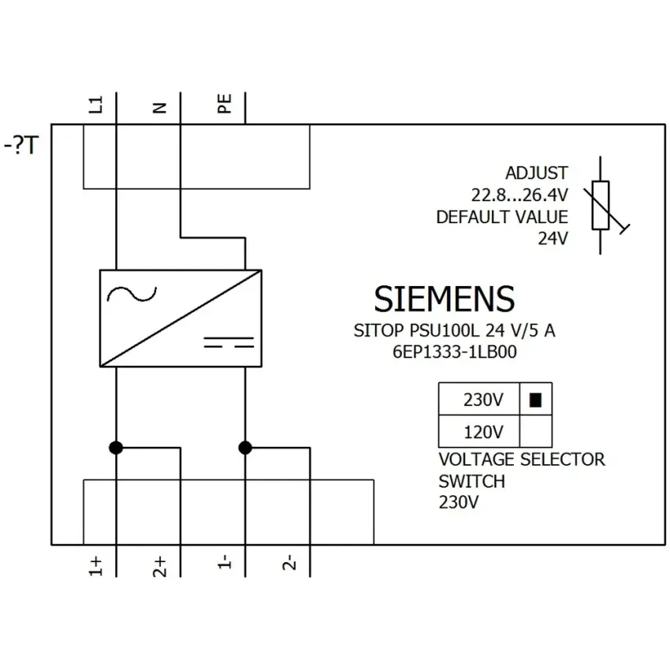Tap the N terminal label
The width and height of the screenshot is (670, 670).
tap(160, 108)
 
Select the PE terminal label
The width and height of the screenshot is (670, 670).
tap(225, 104)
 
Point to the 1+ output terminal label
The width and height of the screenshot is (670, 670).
tap(95, 566)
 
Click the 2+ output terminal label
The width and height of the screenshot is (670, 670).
tap(159, 567)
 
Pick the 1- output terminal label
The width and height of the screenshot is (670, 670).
tap(225, 562)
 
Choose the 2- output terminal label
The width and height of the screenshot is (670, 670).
tap(289, 562)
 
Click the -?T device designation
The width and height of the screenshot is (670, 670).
tap(21, 145)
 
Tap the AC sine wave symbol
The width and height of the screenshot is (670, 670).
tap(132, 294)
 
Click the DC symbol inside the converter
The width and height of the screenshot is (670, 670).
tap(229, 342)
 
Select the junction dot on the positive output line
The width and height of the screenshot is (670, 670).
tap(116, 448)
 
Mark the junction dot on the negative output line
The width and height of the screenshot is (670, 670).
tap(245, 448)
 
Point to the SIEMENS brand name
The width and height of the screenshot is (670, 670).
tap(445, 299)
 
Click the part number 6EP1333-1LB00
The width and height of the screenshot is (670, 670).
tap(455, 352)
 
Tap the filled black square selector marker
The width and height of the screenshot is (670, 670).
tap(535, 400)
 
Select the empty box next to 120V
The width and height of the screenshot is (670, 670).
tap(536, 431)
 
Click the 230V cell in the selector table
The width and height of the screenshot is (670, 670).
tap(479, 399)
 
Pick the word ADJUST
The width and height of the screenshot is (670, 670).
tap(537, 173)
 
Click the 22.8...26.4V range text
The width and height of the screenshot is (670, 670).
tap(519, 195)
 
